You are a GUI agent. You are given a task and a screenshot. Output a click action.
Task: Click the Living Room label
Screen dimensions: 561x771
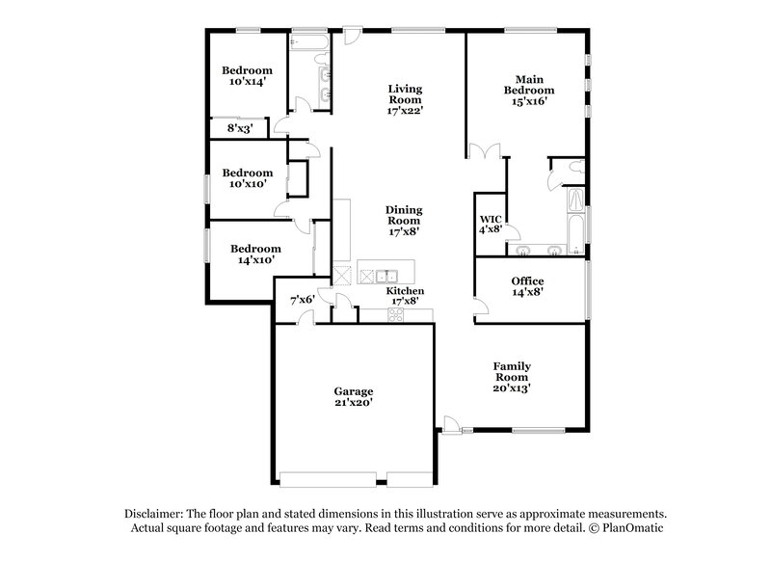405,98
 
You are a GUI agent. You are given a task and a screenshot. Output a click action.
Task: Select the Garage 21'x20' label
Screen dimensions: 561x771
354,397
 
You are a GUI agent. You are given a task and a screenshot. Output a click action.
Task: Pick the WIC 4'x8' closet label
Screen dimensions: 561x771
490,224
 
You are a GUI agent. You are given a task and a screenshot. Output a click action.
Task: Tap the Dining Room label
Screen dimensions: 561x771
405,220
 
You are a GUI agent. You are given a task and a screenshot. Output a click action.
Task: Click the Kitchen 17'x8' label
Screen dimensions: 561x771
405,296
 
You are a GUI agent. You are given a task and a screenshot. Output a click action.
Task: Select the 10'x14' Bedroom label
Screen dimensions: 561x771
247,76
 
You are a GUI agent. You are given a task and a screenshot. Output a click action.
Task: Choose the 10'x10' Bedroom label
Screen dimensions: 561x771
247,179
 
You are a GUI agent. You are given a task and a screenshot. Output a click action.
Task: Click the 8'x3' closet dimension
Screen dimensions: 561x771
239,127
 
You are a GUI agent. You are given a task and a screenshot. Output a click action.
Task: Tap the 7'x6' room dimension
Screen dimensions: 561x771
304,301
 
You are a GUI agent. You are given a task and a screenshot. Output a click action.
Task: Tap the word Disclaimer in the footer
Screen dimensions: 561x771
154,515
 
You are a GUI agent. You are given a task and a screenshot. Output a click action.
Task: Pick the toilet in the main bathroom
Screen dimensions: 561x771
574,169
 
